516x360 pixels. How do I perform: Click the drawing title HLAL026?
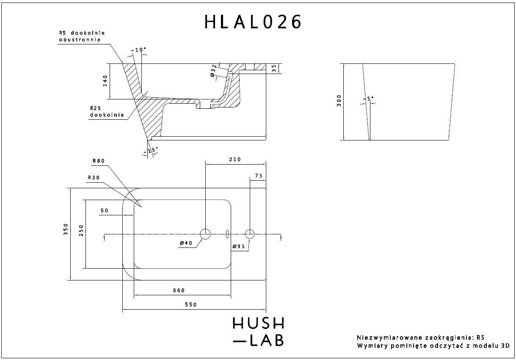tap(253, 22)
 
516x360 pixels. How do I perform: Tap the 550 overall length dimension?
tap(191, 305)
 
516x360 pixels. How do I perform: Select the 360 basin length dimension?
tap(179, 290)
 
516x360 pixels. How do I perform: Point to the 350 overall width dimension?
tap(66, 233)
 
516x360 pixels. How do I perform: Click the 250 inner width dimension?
tap(81, 230)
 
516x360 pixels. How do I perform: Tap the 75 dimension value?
tap(259, 176)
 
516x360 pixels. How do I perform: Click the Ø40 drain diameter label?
tap(186, 243)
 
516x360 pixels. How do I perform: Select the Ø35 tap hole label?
tap(238, 246)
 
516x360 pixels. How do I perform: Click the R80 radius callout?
tap(98, 161)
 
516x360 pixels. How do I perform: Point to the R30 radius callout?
tap(93, 178)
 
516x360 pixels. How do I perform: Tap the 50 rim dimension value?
tap(105, 210)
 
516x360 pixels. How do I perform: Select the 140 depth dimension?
tap(105, 81)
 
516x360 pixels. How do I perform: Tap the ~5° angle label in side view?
tap(369, 99)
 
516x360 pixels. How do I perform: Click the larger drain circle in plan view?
tap(205, 234)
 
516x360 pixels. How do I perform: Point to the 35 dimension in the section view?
tap(274, 68)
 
